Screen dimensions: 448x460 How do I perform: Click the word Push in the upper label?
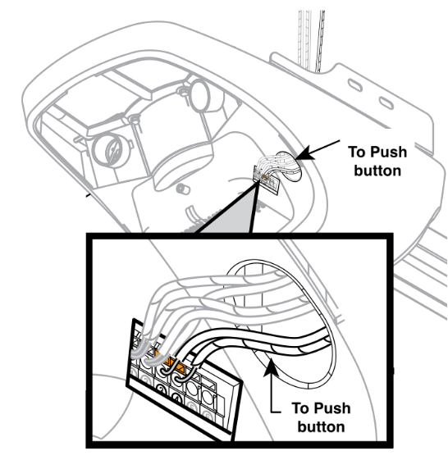click(x=388, y=153)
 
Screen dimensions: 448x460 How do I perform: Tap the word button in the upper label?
click(x=377, y=171)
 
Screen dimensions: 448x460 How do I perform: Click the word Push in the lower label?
click(x=331, y=408)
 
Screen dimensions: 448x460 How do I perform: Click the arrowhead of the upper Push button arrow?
click(x=304, y=153)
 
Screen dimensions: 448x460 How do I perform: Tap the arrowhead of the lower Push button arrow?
click(x=272, y=367)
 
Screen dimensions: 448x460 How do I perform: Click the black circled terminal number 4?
click(x=176, y=399)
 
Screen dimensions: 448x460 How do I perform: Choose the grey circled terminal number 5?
click(x=192, y=408)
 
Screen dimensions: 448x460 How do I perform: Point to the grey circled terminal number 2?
click(x=146, y=380)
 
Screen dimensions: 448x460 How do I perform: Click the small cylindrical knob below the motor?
click(x=183, y=188)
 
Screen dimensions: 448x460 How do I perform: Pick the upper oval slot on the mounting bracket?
click(x=355, y=84)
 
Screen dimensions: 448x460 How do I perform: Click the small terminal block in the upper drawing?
click(x=266, y=180)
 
